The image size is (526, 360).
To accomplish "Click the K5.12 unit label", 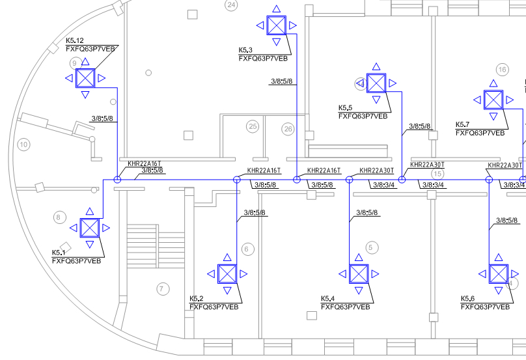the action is (74, 40).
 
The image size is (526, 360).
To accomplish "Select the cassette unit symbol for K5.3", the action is (277, 25).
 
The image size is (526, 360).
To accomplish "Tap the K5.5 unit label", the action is (345, 108).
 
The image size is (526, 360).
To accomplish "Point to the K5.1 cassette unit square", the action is (90, 228).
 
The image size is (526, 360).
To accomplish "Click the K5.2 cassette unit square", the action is (227, 274).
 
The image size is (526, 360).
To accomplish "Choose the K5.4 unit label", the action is (327, 299).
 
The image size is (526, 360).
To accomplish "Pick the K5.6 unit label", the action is (467, 299).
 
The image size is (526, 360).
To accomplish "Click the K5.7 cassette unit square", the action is (493, 100).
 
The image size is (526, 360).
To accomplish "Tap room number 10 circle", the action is (23, 145).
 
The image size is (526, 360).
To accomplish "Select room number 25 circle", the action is (253, 126).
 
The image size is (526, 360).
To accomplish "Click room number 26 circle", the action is (288, 129).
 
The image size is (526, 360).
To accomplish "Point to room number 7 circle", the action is (163, 288).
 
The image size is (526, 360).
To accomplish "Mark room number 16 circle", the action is (502, 70).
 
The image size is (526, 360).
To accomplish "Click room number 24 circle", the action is (231, 5).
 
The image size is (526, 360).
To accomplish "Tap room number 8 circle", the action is (60, 217).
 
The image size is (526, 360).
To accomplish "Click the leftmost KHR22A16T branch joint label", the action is (145, 164).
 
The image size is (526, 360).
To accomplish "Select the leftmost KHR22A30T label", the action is (376, 171).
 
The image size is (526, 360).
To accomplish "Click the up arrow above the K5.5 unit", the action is (376, 66).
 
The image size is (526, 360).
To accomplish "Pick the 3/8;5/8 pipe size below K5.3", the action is (282, 81).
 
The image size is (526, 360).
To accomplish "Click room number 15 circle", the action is (437, 174).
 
